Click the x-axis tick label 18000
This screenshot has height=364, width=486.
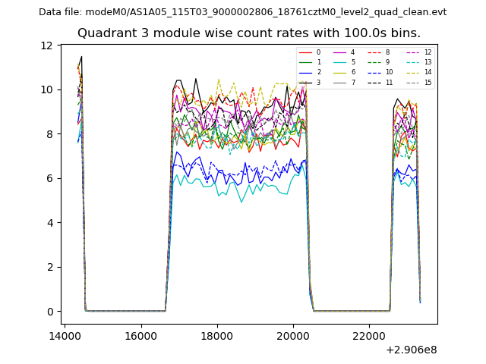217,336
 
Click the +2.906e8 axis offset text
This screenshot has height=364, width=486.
412,350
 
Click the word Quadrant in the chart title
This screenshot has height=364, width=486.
103,33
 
